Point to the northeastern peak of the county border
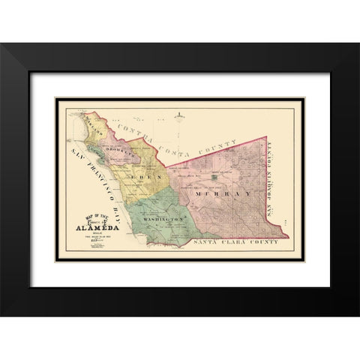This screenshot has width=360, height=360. pyautogui.click(x=267, y=117)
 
